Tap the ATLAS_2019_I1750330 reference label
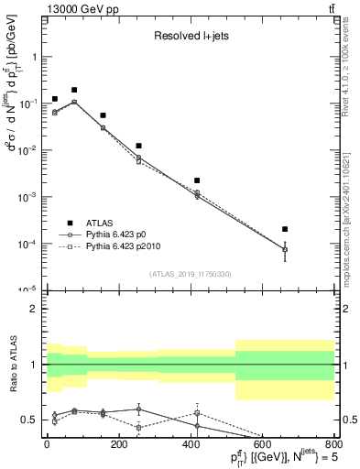(x=191, y=274)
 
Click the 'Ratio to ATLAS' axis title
(x=12, y=365)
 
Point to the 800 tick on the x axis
(x=333, y=443)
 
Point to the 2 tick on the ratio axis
(x=36, y=309)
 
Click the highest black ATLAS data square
(x=74, y=90)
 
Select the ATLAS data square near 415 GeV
(x=197, y=180)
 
